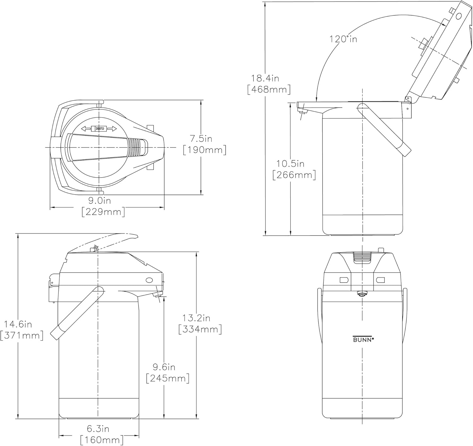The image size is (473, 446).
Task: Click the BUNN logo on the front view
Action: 363,339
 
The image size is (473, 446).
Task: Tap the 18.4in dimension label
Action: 265,79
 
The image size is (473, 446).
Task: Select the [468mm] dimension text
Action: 269,90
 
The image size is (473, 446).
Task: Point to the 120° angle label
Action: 343,39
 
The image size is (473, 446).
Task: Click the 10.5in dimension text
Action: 290,164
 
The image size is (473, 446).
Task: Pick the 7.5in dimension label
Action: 201,139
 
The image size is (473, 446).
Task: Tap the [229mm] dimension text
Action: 103,212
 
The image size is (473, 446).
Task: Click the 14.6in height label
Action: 18,324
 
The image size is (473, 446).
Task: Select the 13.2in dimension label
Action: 196,318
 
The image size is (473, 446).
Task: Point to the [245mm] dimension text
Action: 168,378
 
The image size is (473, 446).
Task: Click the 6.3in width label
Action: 98,429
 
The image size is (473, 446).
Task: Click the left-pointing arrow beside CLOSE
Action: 86,129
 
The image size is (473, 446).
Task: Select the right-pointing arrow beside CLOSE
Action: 112,129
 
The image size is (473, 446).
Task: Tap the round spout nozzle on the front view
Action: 362,294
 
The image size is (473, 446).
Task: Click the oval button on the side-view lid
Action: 149,280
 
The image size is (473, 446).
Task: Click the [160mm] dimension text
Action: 102,440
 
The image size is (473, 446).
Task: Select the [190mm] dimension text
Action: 205,150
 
